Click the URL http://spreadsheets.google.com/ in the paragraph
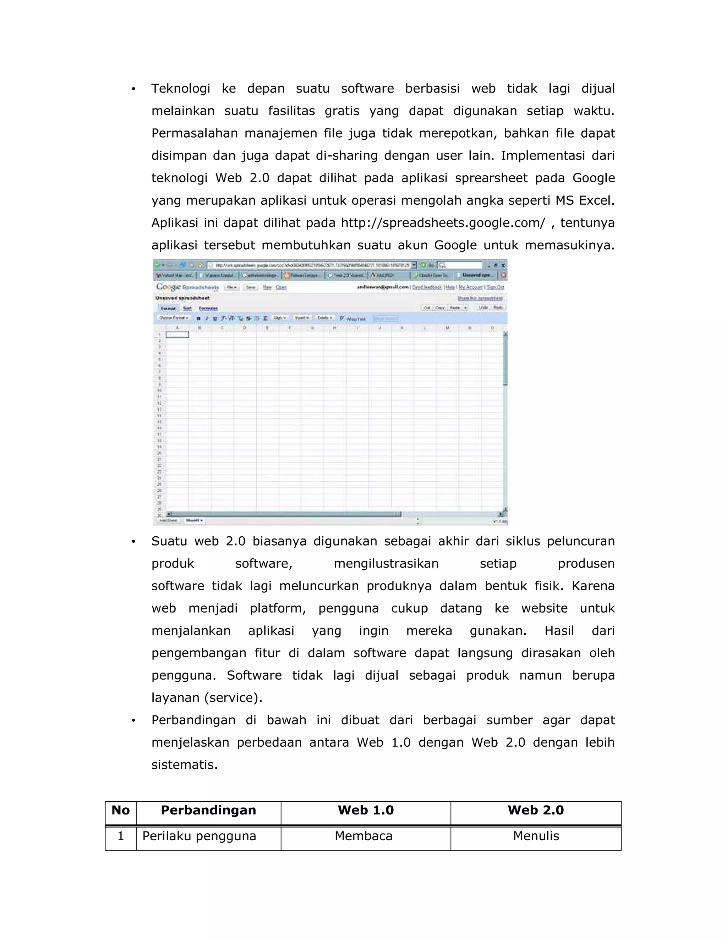(443, 223)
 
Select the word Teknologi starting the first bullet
(180, 89)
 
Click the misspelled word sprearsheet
(491, 178)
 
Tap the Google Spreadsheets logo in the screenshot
(187, 287)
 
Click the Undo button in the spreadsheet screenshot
(483, 308)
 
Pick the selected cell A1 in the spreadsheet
(177, 334)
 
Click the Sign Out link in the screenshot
(495, 287)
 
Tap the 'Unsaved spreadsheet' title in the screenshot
(182, 298)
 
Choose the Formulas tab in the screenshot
(208, 309)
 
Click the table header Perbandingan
(208, 811)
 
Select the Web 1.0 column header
(366, 811)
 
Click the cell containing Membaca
(363, 836)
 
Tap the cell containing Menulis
(536, 836)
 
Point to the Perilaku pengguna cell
(199, 836)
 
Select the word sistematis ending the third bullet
(184, 765)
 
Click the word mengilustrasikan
(386, 564)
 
